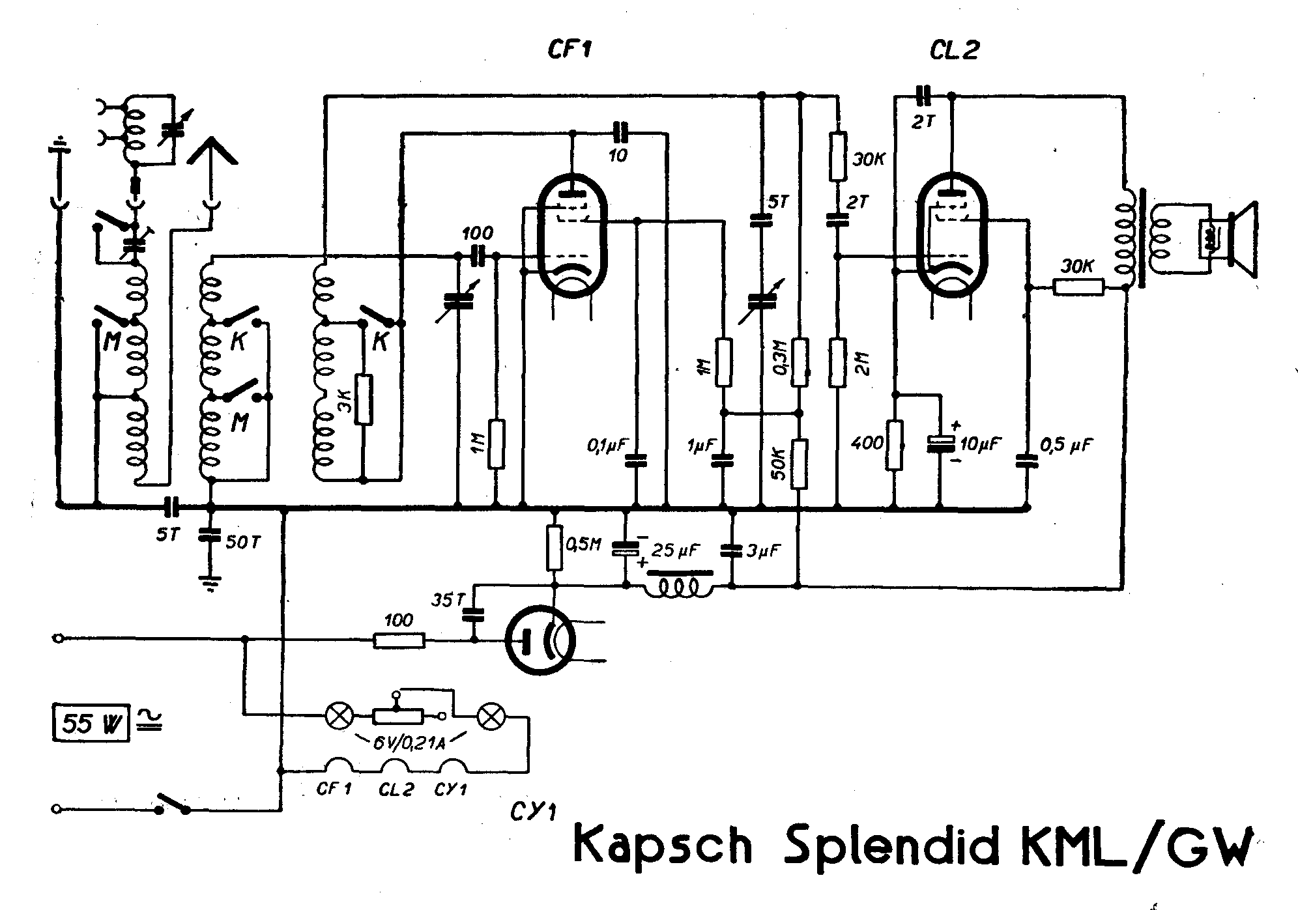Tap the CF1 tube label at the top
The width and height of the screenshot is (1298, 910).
(569, 50)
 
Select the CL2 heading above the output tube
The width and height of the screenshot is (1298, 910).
(954, 50)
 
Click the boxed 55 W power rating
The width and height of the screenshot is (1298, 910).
(91, 722)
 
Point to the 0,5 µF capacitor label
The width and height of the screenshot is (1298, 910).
(1066, 446)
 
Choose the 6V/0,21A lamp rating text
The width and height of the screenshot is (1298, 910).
(409, 742)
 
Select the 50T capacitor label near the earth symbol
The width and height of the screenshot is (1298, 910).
(242, 541)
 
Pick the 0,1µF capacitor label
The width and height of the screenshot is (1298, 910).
(607, 446)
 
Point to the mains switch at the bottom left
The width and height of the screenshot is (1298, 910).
(172, 804)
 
